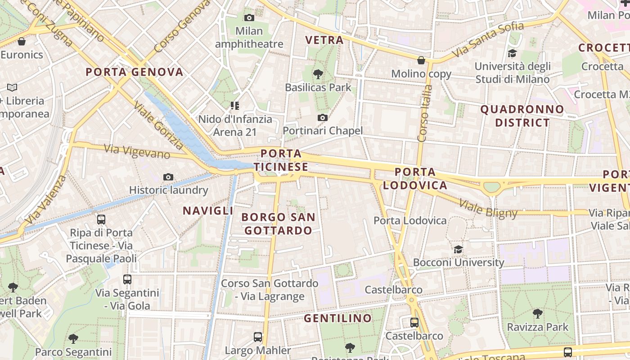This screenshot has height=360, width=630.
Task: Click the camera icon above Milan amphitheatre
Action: click(249, 18)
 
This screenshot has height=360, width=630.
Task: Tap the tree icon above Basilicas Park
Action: click(318, 74)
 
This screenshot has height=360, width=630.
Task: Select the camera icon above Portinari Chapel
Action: click(322, 118)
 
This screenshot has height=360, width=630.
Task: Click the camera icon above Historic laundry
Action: click(168, 177)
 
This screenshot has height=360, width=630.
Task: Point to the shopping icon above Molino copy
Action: click(421, 60)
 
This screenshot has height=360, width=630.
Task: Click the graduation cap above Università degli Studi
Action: click(512, 54)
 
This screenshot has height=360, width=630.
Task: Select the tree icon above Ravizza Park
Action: click(537, 314)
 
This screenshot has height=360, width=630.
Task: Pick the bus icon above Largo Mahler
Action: click(258, 337)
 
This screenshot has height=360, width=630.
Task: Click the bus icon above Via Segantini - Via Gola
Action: click(127, 279)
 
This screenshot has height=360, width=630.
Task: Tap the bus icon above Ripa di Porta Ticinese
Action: click(101, 220)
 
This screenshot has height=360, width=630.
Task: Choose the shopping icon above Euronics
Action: click(22, 42)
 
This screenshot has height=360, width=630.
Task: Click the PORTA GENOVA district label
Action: click(135, 72)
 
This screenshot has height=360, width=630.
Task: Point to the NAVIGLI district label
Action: click(208, 211)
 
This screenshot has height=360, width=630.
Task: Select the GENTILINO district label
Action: click(338, 319)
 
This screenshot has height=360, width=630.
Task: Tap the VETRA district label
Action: click(324, 40)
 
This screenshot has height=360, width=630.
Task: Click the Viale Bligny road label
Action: click(488, 208)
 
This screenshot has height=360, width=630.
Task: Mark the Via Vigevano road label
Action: click(137, 152)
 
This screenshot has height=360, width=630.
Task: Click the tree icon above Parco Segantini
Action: click(73, 338)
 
